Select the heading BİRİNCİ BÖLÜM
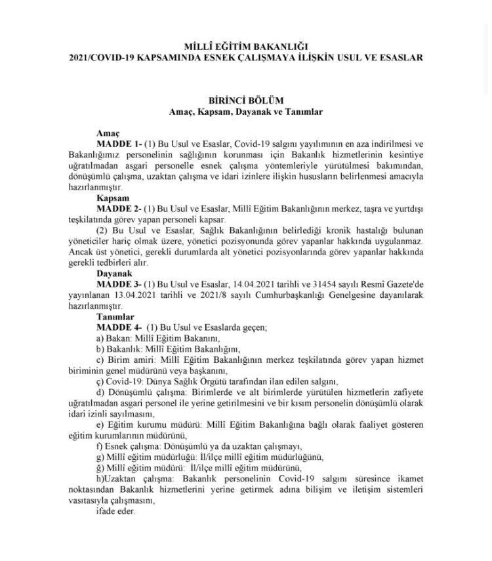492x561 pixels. (246, 100)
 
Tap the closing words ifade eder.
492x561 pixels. (115, 512)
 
